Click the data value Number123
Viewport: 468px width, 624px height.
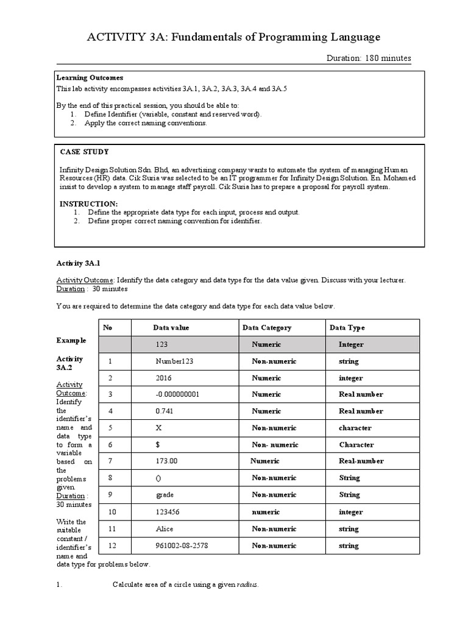[174, 361]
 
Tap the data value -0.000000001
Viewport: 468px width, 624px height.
[177, 394]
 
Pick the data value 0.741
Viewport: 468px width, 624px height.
[166, 411]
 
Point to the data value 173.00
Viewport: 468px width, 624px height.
[167, 461]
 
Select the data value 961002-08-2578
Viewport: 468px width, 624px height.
[182, 545]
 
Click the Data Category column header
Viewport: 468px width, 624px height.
[267, 328]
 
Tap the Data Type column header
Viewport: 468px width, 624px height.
[347, 328]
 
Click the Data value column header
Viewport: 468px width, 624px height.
[171, 328]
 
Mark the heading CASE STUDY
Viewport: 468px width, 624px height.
[85, 152]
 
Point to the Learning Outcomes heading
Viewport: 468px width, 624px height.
[90, 78]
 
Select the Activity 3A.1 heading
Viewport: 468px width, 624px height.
[82, 263]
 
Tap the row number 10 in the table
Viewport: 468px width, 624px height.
[112, 512]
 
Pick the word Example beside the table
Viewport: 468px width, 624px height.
[71, 340]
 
